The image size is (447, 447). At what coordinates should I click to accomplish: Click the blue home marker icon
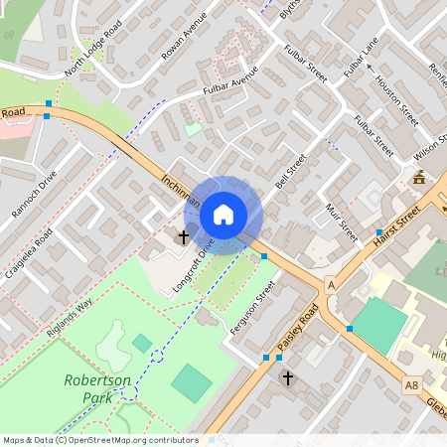click(x=223, y=214)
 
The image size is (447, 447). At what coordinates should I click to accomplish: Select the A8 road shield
click(x=411, y=384)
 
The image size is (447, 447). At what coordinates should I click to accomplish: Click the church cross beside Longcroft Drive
click(x=183, y=237)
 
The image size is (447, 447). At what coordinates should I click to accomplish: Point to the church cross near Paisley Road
click(x=288, y=377)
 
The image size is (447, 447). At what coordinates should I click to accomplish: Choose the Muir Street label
click(x=341, y=222)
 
